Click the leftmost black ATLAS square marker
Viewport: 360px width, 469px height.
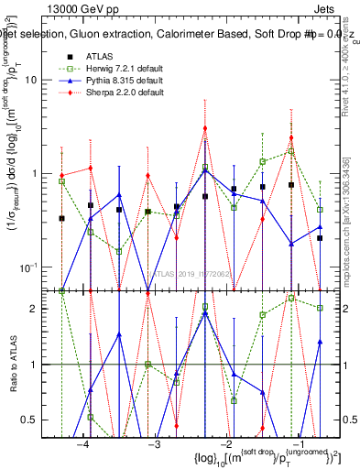(x=61, y=218)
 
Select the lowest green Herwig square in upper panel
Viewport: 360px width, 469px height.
(x=119, y=250)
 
